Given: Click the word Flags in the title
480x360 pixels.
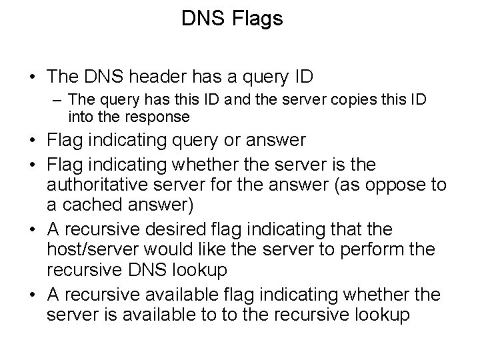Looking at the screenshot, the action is [258, 19].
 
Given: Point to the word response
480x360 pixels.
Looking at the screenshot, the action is [158, 117].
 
